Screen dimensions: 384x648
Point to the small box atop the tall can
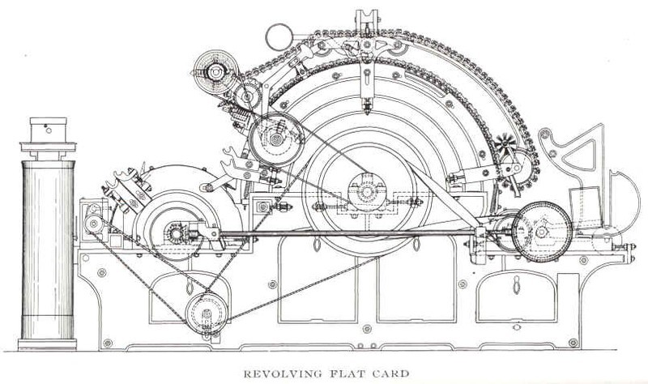coord(47,130)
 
